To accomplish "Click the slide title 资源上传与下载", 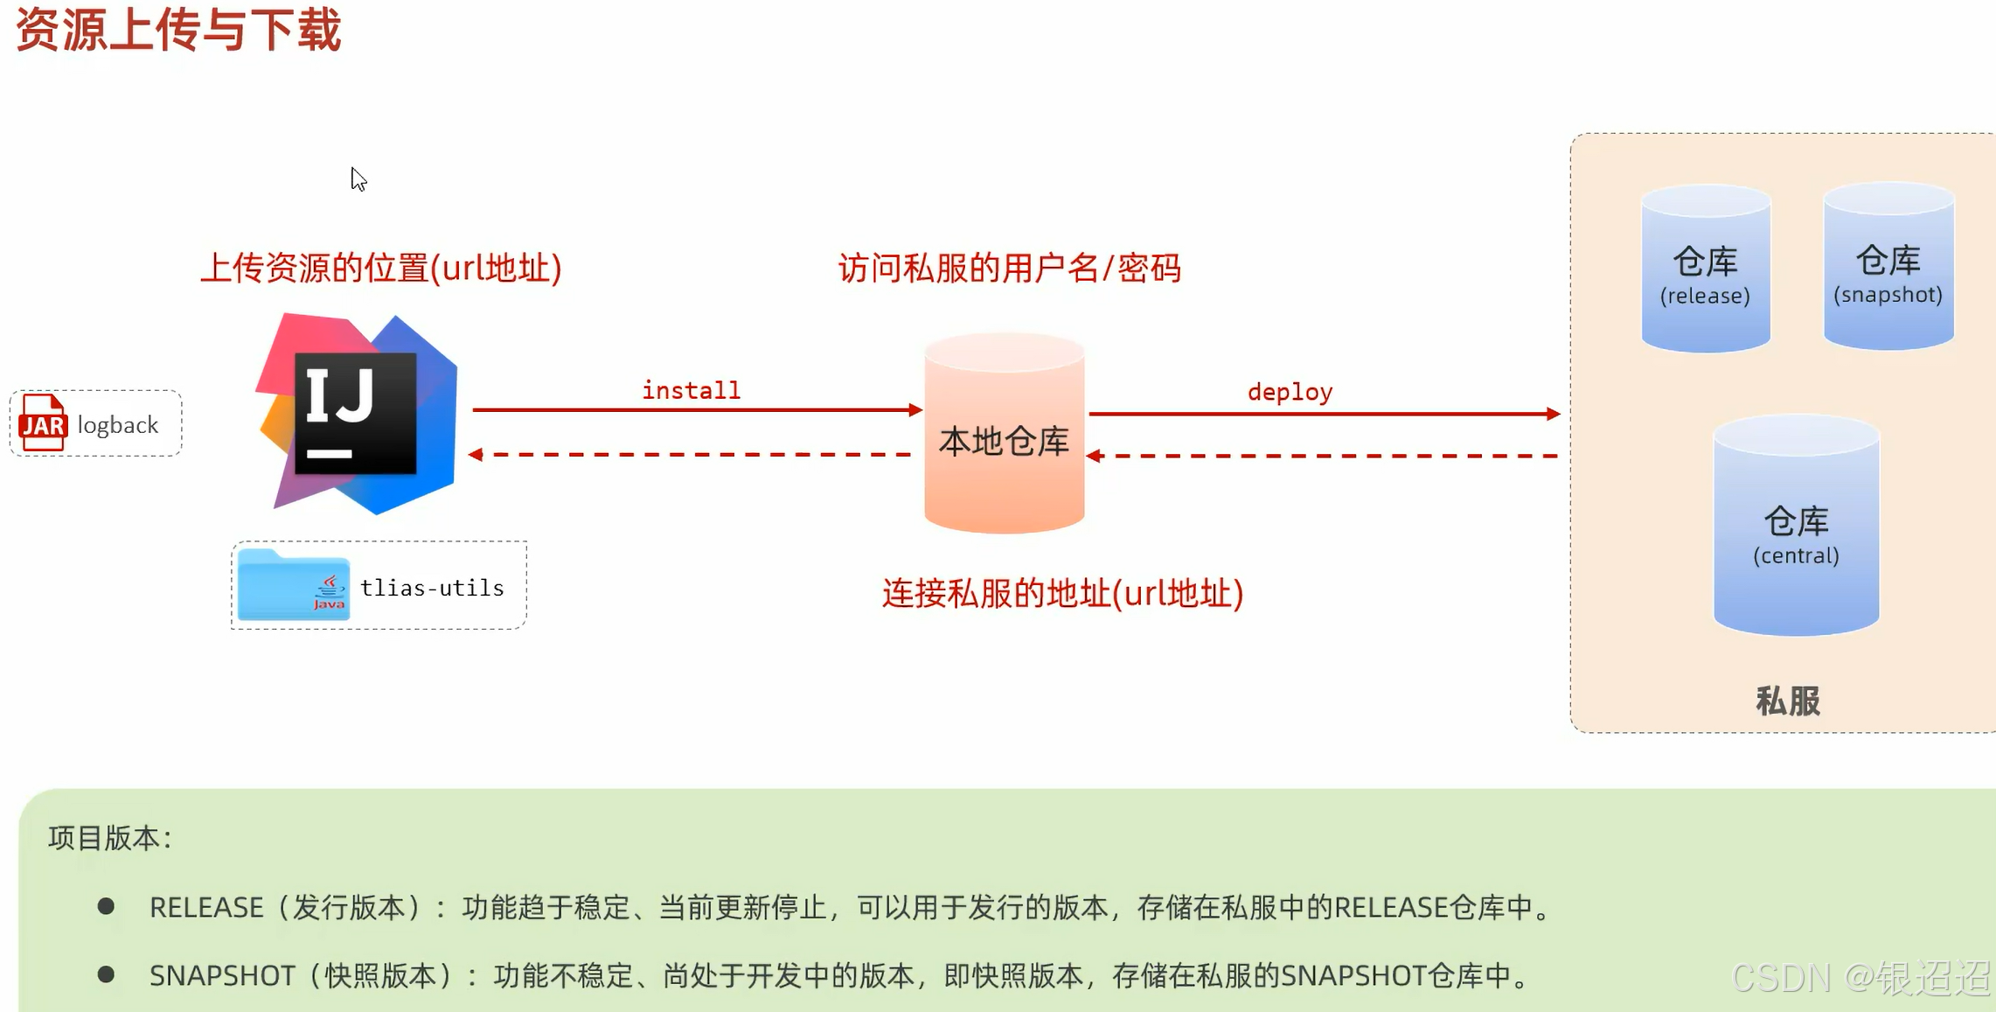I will coord(178,30).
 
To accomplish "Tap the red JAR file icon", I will coord(43,423).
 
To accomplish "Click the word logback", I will coord(118,425).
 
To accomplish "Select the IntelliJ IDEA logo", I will coord(357,413).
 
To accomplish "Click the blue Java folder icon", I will coord(294,585).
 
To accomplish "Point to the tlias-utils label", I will coord(432,588).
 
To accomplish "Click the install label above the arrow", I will coord(691,390).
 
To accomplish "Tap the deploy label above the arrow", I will coord(1290,392).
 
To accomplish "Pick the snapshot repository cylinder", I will coord(1888,268).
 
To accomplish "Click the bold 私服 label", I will coord(1787,701).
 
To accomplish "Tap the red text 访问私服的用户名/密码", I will coord(1010,269).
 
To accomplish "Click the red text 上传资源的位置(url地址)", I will coord(381,269).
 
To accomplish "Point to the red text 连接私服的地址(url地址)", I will coord(1062,594).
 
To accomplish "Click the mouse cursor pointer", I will coord(358,178).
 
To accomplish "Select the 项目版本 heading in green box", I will coord(110,838).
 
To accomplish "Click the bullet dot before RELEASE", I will coord(106,906).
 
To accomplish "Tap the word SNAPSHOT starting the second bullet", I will coord(222,975).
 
